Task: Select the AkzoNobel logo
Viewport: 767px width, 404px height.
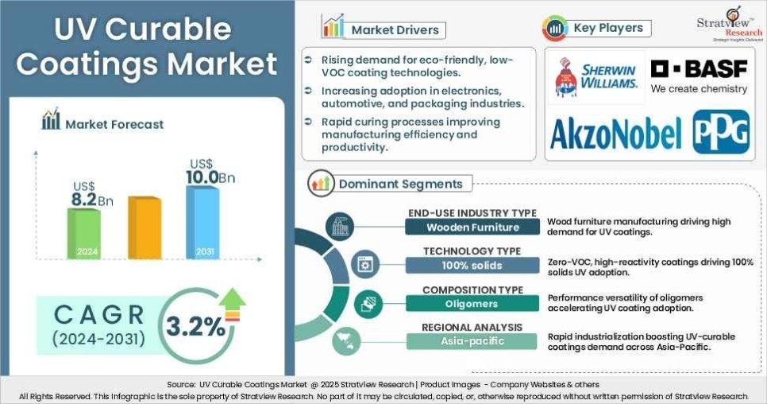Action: (615, 133)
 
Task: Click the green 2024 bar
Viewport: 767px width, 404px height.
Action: (83, 234)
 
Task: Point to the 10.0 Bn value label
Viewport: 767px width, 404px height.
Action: (210, 177)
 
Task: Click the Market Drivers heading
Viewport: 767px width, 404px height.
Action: (395, 30)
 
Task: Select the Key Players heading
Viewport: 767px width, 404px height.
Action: (607, 29)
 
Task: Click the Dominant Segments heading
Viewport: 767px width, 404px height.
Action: (400, 184)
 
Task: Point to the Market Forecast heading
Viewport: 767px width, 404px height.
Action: (114, 123)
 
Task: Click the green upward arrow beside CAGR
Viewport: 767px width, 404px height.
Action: (233, 304)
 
